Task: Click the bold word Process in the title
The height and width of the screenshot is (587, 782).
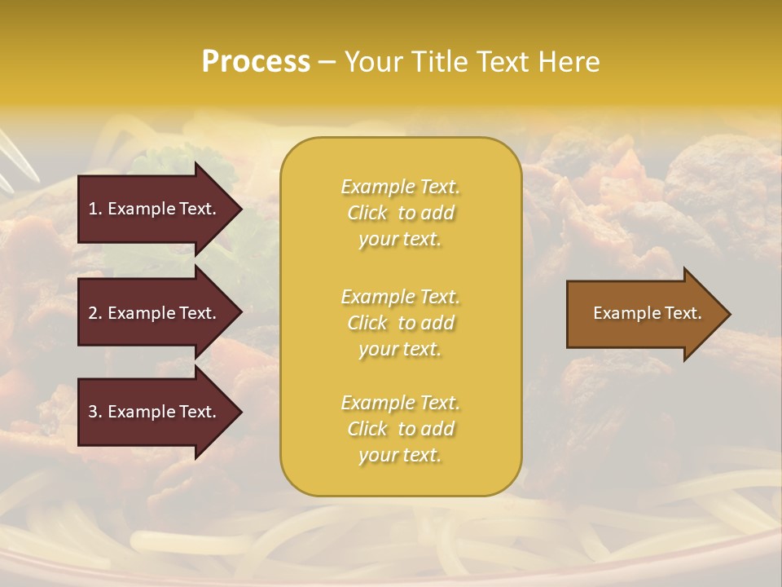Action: pos(256,62)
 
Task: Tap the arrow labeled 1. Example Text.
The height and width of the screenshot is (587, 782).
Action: pos(155,209)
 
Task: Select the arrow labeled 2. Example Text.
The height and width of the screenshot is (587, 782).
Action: pos(155,313)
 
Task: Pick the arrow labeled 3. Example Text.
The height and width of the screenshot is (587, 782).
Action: pos(155,412)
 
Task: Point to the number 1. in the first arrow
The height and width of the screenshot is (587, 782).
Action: pos(95,209)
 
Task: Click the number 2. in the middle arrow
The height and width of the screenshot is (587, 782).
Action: pos(95,313)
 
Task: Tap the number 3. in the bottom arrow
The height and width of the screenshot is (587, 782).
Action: pos(95,412)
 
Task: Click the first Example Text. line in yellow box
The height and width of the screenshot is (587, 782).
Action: pos(400,187)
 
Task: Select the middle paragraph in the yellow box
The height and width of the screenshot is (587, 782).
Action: pos(400,323)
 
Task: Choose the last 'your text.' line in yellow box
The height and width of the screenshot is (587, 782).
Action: pos(400,456)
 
